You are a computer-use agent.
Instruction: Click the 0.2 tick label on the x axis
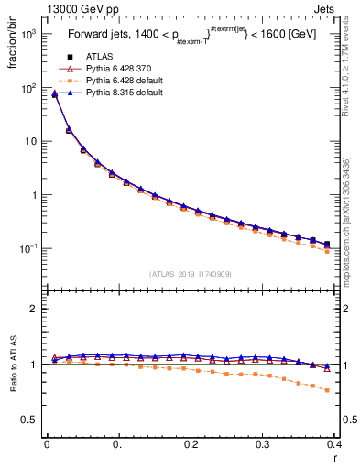(x=191, y=446)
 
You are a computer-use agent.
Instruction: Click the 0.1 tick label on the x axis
(x=119, y=446)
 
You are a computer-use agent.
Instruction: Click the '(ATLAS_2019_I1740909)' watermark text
(x=191, y=274)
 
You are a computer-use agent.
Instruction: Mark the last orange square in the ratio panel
(x=327, y=390)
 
